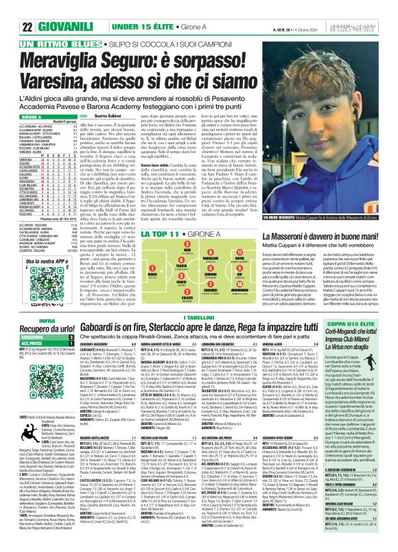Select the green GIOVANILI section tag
[x=49, y=9]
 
